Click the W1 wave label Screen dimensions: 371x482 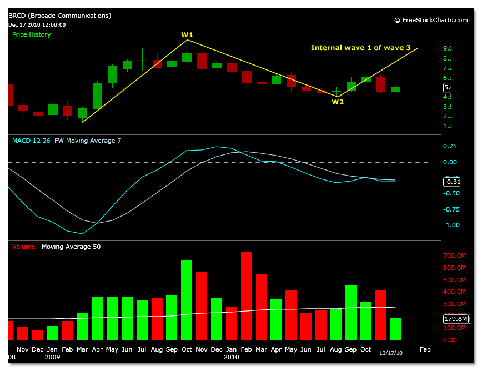coord(187,35)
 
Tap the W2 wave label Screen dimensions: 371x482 coord(338,102)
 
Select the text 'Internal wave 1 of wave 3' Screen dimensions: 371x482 coord(360,48)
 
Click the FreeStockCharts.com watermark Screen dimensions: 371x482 coord(431,20)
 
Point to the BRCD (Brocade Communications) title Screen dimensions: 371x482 coord(59,16)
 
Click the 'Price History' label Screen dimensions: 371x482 coord(32,34)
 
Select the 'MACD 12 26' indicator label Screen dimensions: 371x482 coord(31,141)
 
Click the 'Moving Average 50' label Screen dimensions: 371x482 coord(71,247)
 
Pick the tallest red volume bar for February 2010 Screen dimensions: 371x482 coord(247,295)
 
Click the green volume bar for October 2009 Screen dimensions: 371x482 coord(187,300)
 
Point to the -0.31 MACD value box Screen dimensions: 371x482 coord(453,182)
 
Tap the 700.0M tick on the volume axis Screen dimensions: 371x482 coord(455,255)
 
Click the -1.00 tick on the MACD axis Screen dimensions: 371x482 coord(453,225)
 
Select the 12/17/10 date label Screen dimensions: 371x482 coord(390,352)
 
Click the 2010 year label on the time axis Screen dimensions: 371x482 coord(232,357)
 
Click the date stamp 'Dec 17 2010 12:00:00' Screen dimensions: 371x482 coord(37,24)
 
